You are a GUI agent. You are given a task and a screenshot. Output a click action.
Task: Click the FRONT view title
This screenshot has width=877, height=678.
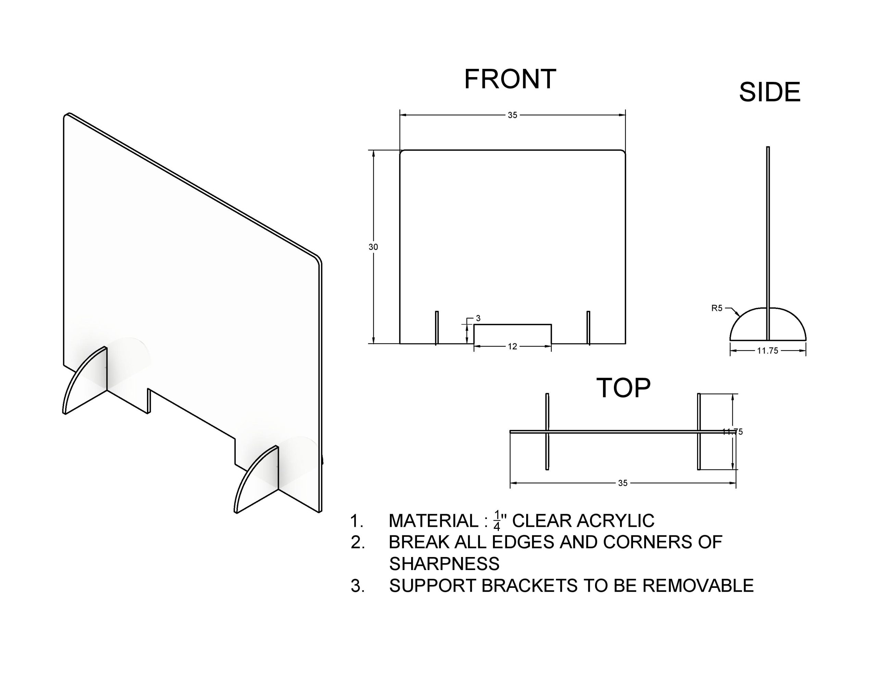510,79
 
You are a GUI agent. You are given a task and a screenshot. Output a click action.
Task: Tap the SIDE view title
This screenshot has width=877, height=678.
769,92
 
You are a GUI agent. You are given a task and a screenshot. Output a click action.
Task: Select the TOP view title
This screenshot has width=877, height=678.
623,388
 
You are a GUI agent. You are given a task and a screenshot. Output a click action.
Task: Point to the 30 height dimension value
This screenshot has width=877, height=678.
373,247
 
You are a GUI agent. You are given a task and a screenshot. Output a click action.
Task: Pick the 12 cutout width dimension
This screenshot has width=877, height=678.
512,347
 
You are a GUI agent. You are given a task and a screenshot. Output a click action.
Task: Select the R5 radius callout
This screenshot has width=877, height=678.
717,308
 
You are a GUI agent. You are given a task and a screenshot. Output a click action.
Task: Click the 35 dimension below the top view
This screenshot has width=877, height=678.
622,483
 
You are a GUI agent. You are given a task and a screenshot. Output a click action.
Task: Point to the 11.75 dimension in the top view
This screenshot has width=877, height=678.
733,432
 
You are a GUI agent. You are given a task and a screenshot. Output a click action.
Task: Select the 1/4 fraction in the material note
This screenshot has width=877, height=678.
497,521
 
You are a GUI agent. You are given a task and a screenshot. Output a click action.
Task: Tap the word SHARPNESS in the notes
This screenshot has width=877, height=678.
444,564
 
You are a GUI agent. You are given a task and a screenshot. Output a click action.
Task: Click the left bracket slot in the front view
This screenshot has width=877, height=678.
437,328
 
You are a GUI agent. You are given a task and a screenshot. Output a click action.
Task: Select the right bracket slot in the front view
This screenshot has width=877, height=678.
588,328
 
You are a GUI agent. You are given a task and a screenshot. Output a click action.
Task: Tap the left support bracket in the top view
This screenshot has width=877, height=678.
547,432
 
